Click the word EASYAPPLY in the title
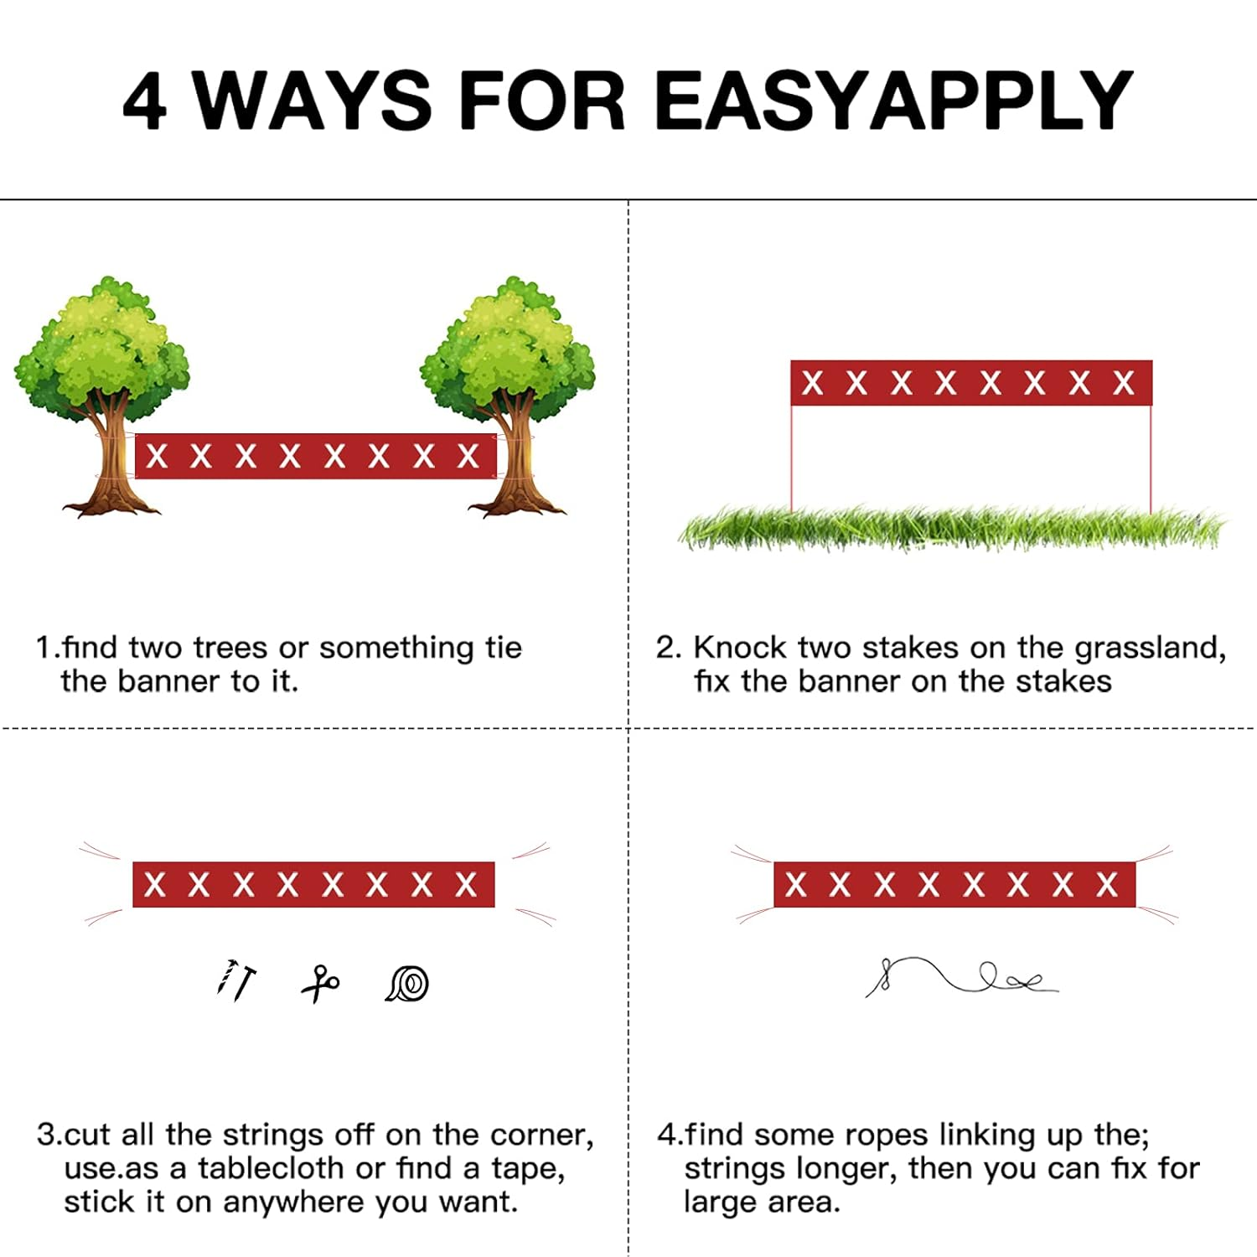coord(893,100)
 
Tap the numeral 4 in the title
coord(144,101)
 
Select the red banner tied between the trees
coord(316,457)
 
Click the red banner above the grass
coord(971,383)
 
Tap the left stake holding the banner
coord(792,458)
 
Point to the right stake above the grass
coord(1151,458)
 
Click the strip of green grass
coord(952,528)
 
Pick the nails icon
coord(235,980)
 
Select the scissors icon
coord(320,983)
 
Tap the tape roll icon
coord(408,983)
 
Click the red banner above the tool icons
coord(313,884)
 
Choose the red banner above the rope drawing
coord(954,884)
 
